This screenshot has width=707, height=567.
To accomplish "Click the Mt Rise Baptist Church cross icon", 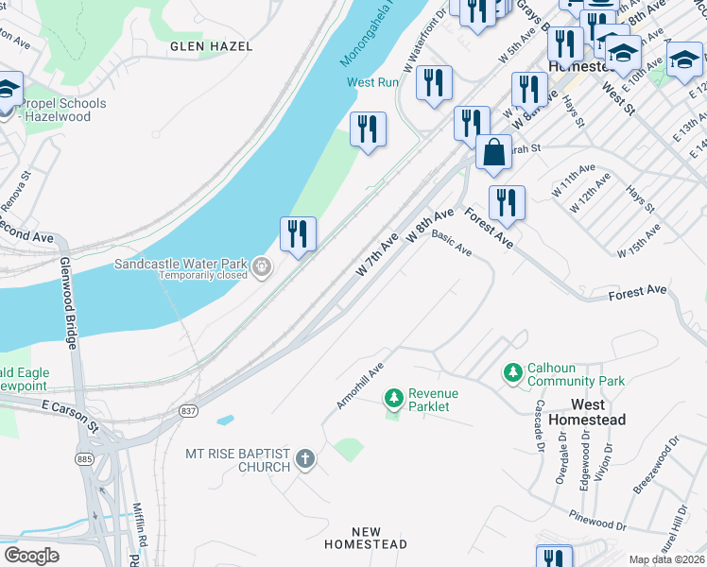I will (x=304, y=460).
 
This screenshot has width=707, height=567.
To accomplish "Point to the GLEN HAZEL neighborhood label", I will (x=199, y=45).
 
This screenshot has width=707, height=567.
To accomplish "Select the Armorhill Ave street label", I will (x=360, y=386).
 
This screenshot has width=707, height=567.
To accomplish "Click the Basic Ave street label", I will (x=451, y=244).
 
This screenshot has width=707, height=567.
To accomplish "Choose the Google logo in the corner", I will (x=31, y=556).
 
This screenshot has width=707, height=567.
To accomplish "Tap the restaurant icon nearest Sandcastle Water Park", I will (x=298, y=234).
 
